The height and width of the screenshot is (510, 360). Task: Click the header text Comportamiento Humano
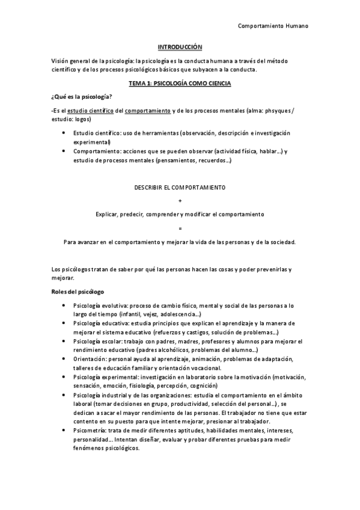tap(274, 26)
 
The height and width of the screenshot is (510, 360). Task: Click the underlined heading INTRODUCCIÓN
tap(180, 46)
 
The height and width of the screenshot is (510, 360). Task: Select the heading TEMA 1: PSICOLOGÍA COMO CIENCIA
tap(180, 84)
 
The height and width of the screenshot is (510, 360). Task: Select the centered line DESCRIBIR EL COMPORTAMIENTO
tap(180, 187)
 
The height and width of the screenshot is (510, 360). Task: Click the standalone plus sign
tap(180, 200)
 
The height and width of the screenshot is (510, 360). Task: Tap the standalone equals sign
tap(180, 228)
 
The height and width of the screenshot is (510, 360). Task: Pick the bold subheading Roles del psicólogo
tap(78, 292)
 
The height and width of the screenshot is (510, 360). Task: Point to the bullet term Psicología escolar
tap(97, 341)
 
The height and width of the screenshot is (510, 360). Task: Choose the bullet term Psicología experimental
tap(104, 377)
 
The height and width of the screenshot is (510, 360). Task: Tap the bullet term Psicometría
tap(90, 431)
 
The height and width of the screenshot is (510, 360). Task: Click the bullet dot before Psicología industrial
tap(65, 395)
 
